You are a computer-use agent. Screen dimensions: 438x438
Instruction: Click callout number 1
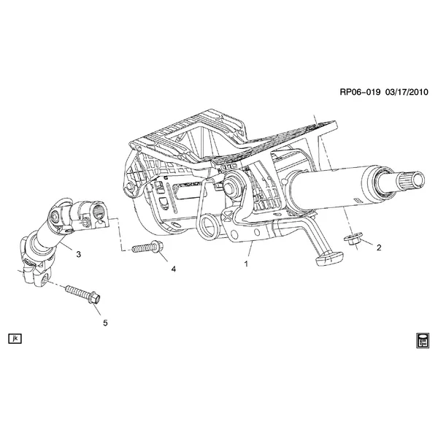[246, 264]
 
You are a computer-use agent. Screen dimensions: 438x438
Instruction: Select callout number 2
[379, 247]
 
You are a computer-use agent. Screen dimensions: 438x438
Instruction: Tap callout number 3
[79, 254]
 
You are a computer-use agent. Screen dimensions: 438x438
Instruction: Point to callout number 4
[174, 269]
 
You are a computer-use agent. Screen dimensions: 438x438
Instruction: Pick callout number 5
[105, 323]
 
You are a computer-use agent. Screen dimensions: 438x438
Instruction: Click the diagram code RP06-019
[360, 92]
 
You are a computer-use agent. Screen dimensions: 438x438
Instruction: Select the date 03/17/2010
[407, 92]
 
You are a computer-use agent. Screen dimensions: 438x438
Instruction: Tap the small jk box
[15, 339]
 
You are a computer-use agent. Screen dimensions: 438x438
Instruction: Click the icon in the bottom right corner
[423, 340]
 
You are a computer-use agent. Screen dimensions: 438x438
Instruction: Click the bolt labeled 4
[147, 247]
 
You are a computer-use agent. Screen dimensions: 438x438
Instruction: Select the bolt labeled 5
[82, 294]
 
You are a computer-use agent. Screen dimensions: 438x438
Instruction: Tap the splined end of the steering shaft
[411, 181]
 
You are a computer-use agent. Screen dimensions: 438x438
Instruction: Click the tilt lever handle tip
[329, 258]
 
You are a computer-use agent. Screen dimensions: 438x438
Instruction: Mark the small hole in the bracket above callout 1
[257, 232]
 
